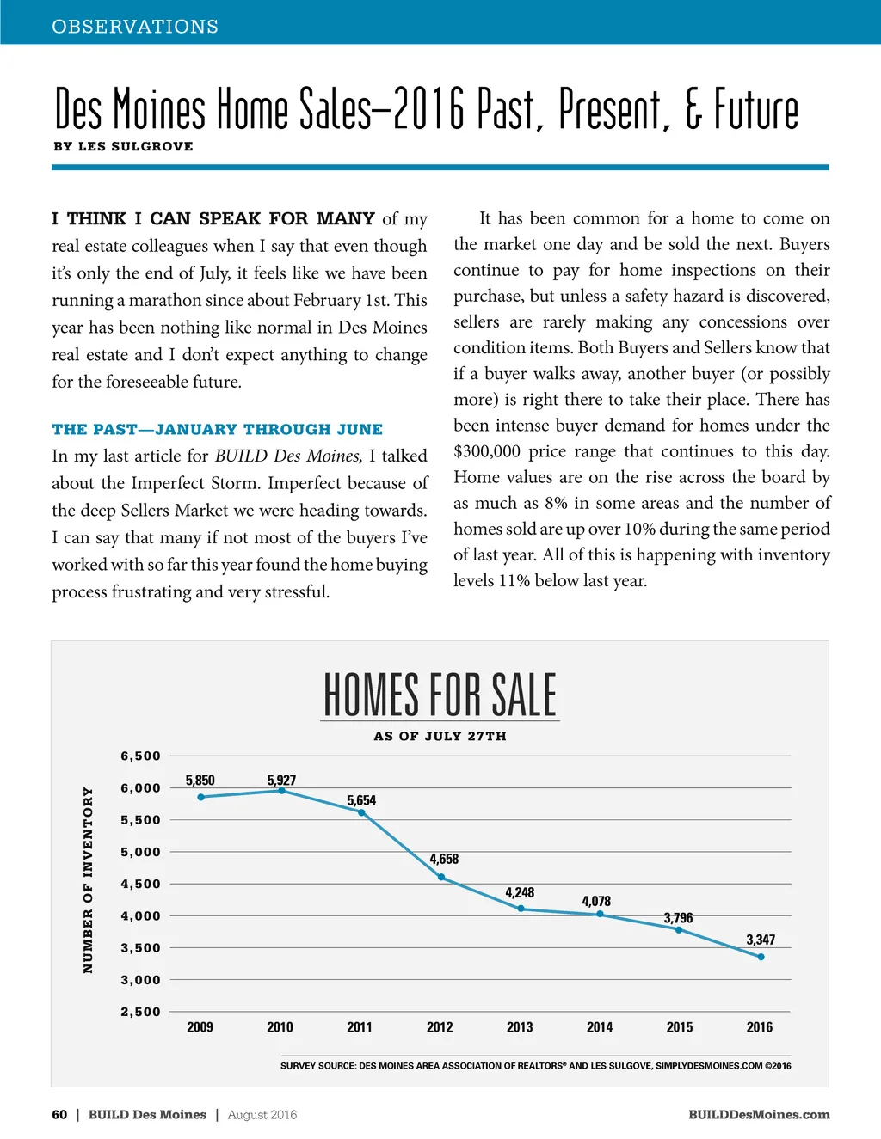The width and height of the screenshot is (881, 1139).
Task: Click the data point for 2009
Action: [200, 797]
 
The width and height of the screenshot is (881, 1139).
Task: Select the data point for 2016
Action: [761, 957]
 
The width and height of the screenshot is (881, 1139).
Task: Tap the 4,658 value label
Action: [444, 859]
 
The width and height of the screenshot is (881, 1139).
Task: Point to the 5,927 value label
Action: [281, 781]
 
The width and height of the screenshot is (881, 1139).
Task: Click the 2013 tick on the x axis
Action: [520, 1027]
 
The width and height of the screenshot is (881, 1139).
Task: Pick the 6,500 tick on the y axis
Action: [140, 756]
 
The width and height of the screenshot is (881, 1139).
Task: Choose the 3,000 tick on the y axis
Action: [140, 980]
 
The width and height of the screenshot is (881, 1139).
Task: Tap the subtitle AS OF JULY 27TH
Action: [440, 736]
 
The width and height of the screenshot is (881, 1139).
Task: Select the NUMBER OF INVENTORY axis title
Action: [88, 880]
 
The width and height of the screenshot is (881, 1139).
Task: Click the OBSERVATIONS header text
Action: [135, 27]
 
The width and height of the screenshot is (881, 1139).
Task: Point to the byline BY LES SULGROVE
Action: [123, 146]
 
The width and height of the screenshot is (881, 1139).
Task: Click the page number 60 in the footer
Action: [59, 1115]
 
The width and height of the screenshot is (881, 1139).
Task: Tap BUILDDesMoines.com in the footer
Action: [759, 1115]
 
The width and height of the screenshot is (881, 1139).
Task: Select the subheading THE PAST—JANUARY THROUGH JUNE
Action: [217, 429]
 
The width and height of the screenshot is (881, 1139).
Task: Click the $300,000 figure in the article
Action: [487, 451]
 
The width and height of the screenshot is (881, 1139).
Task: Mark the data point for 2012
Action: [441, 878]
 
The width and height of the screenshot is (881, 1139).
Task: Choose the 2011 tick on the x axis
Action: [360, 1027]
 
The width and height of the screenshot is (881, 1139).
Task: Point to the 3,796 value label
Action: [678, 918]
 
